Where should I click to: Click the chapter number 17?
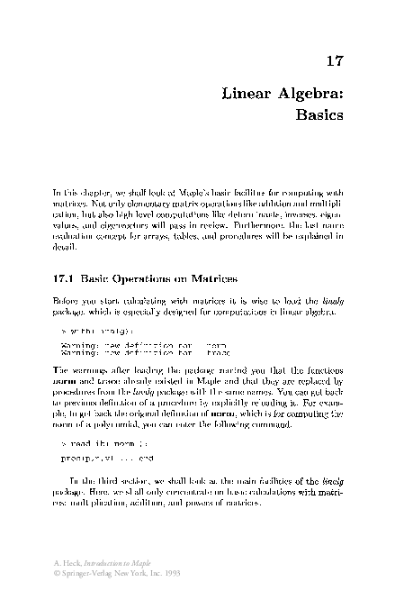point(335,62)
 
